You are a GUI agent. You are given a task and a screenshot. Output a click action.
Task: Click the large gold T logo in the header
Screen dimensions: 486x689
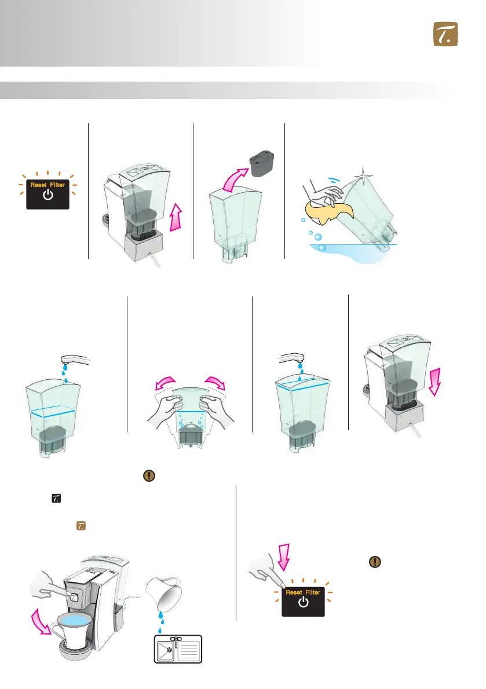pyautogui.click(x=445, y=34)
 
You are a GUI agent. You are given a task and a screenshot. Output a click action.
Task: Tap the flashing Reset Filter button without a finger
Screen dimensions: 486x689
pyautogui.click(x=47, y=194)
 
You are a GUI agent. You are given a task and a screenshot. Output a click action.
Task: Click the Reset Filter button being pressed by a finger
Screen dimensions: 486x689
pyautogui.click(x=303, y=601)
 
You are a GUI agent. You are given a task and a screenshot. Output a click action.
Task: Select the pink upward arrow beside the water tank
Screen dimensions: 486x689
pyautogui.click(x=176, y=217)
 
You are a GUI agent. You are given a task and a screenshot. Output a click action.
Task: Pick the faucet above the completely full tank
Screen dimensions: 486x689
pyautogui.click(x=291, y=358)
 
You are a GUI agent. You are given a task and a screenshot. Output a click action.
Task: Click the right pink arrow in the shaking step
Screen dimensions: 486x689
pyautogui.click(x=215, y=383)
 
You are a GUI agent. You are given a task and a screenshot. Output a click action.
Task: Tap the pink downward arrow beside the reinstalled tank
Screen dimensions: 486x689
pyautogui.click(x=435, y=382)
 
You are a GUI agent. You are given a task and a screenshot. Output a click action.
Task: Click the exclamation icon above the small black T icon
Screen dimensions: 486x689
pyautogui.click(x=149, y=475)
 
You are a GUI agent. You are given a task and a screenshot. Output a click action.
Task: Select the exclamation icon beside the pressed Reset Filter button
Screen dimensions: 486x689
pyautogui.click(x=375, y=562)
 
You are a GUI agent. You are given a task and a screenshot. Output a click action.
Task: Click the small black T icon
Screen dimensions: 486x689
pyautogui.click(x=56, y=499)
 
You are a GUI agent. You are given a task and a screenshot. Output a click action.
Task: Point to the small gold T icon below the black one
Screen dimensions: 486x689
pyautogui.click(x=81, y=526)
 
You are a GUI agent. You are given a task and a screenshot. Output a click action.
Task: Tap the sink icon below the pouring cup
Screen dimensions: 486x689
pyautogui.click(x=178, y=648)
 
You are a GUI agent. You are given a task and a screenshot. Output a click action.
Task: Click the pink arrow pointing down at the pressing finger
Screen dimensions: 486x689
pyautogui.click(x=284, y=557)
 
